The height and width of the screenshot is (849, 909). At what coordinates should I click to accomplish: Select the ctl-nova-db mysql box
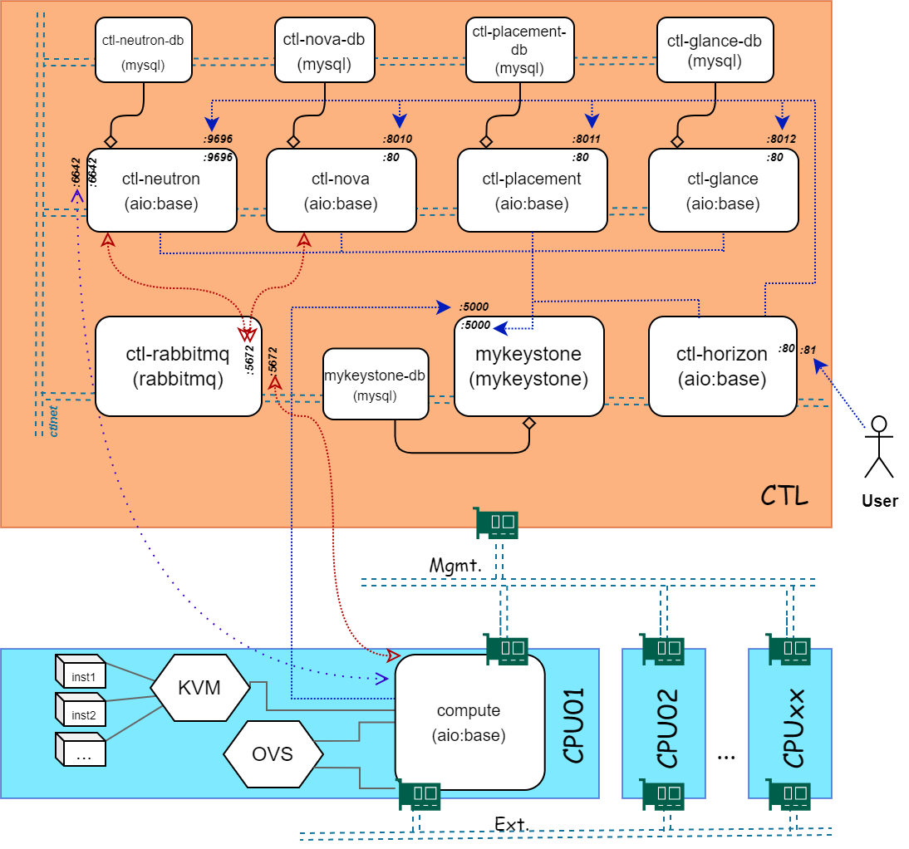click(x=324, y=51)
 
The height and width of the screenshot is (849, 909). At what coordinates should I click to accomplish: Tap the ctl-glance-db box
click(x=715, y=51)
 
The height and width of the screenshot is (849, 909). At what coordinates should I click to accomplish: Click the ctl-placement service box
click(x=532, y=190)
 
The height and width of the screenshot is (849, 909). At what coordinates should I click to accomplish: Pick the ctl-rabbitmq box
click(x=178, y=366)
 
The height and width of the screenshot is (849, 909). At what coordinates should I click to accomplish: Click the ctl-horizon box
click(x=721, y=366)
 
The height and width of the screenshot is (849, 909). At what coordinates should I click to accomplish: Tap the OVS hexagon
click(x=273, y=754)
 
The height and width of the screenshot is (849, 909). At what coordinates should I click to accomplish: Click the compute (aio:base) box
click(x=469, y=723)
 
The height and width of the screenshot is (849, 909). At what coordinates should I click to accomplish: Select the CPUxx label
click(x=794, y=729)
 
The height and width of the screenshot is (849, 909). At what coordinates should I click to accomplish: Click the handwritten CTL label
click(x=784, y=497)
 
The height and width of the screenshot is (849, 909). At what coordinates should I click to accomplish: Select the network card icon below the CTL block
click(x=498, y=522)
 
